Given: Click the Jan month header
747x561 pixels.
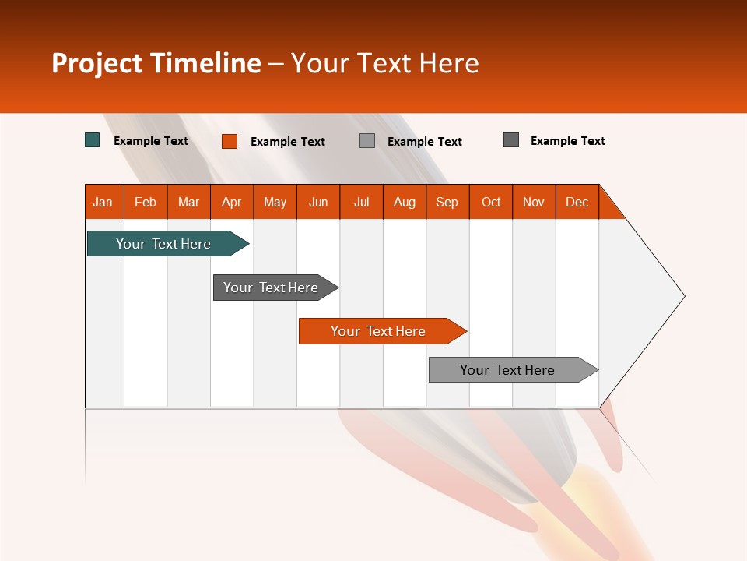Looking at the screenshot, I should coord(103,202).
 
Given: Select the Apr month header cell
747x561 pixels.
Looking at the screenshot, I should coord(231,202).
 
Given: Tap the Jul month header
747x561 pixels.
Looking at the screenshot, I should coord(361,202).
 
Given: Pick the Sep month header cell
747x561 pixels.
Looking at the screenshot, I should coord(447,202).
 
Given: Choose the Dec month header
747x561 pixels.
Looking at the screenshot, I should coord(577,202).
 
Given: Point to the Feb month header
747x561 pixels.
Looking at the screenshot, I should coord(146,202).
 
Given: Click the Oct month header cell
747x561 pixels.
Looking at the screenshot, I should coord(491,202).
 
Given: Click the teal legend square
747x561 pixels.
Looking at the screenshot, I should coord(93,140).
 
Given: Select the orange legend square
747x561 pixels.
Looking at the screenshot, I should coord(230,141).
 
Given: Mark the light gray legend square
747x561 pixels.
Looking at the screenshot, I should coord(367,141).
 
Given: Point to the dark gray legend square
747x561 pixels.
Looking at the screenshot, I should coord(511,140).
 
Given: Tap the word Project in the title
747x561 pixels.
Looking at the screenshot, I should coord(98,63).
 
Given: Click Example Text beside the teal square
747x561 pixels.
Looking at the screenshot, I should coord(151,141).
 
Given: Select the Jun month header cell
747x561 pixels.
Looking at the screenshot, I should coord(318,202).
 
